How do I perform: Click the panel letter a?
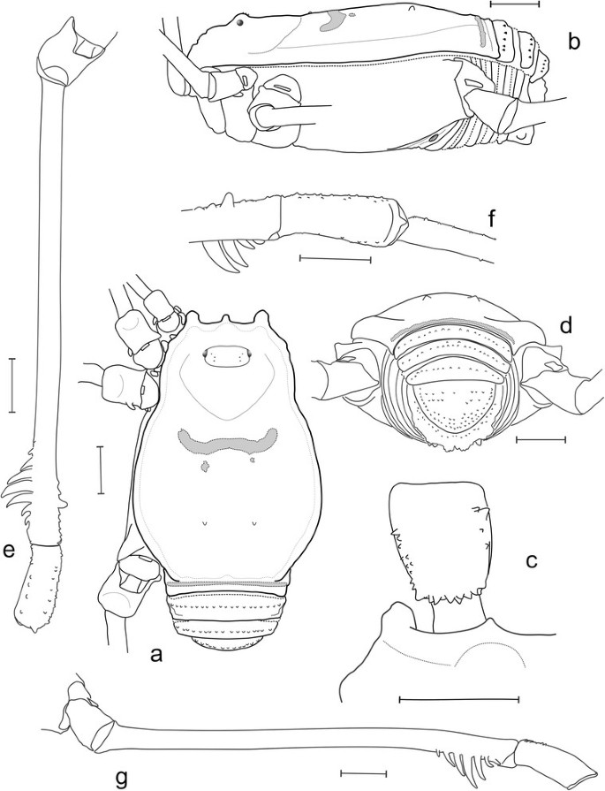(157, 655)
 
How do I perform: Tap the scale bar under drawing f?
(336, 259)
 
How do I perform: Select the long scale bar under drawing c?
(458, 699)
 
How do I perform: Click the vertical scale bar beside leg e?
(11, 385)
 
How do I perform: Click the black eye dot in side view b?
(241, 24)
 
